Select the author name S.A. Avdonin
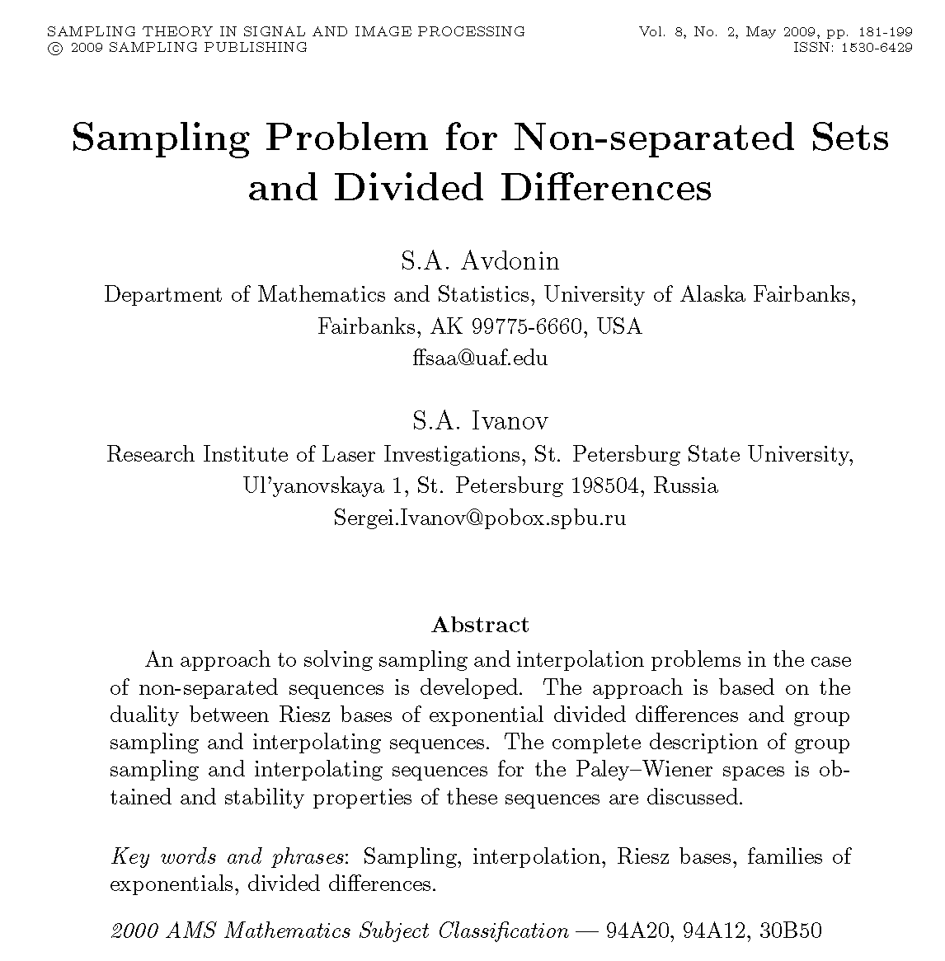coord(480,261)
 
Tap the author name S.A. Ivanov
coord(480,421)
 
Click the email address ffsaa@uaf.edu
coord(480,359)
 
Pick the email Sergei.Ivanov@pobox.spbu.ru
coord(480,518)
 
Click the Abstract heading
coord(480,625)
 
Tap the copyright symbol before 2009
coord(54,48)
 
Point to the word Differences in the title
coord(605,188)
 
